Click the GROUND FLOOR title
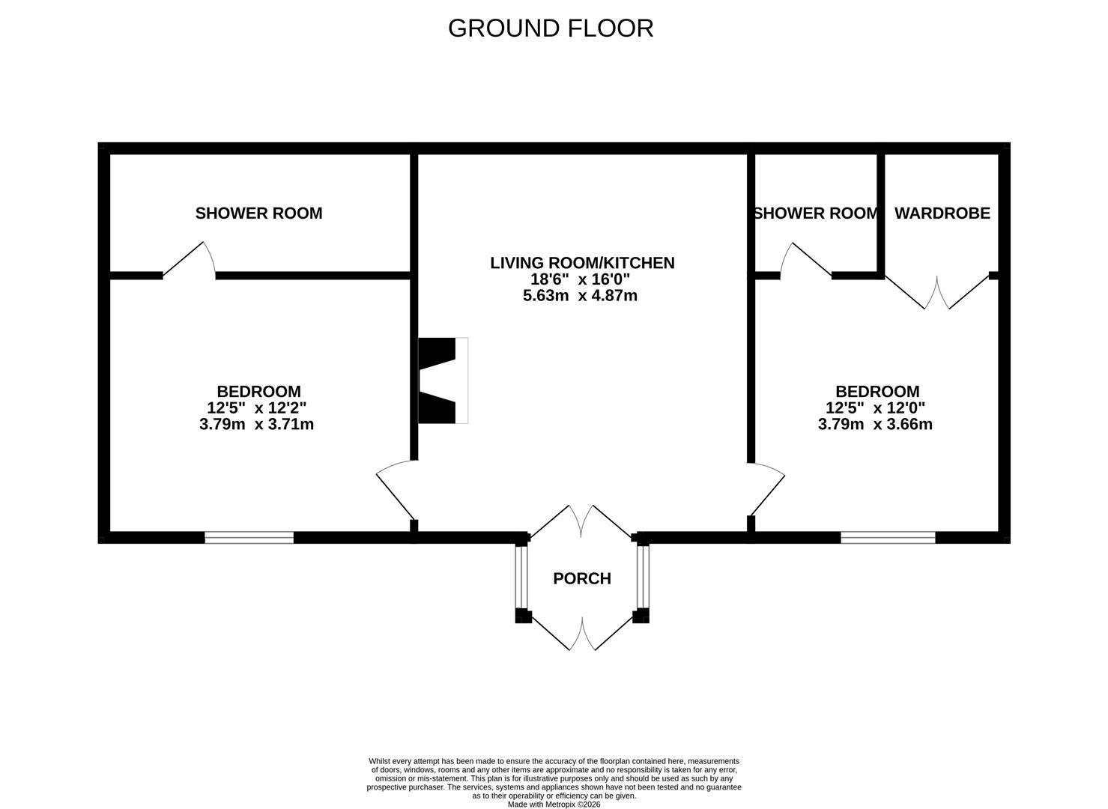click(x=551, y=28)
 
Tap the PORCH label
click(x=582, y=578)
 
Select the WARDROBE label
click(x=942, y=213)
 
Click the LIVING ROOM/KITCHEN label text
click(x=582, y=263)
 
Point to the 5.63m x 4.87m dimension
click(x=580, y=296)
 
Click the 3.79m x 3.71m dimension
click(x=257, y=424)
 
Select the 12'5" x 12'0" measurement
click(x=875, y=408)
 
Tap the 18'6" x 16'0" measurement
click(x=580, y=279)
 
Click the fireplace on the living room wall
click(x=443, y=381)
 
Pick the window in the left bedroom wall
click(x=249, y=538)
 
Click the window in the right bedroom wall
click(x=888, y=538)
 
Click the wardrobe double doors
click(x=937, y=292)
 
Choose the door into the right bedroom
click(x=767, y=490)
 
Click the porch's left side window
click(x=522, y=577)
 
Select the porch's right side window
click(x=643, y=577)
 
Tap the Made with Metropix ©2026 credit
click(x=554, y=805)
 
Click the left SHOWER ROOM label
click(x=258, y=213)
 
